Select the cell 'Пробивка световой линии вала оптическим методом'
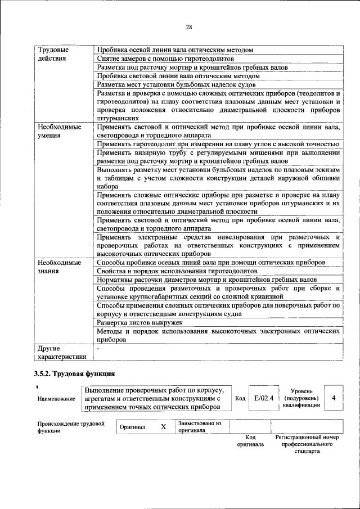pos(178,75)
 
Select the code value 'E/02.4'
pos(263,398)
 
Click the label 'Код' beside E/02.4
pos(240,398)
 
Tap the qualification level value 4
pos(334,398)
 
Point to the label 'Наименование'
pos(56,399)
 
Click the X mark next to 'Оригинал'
pos(163,427)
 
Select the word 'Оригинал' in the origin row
pos(133,427)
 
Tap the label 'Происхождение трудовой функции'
pos(70,427)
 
